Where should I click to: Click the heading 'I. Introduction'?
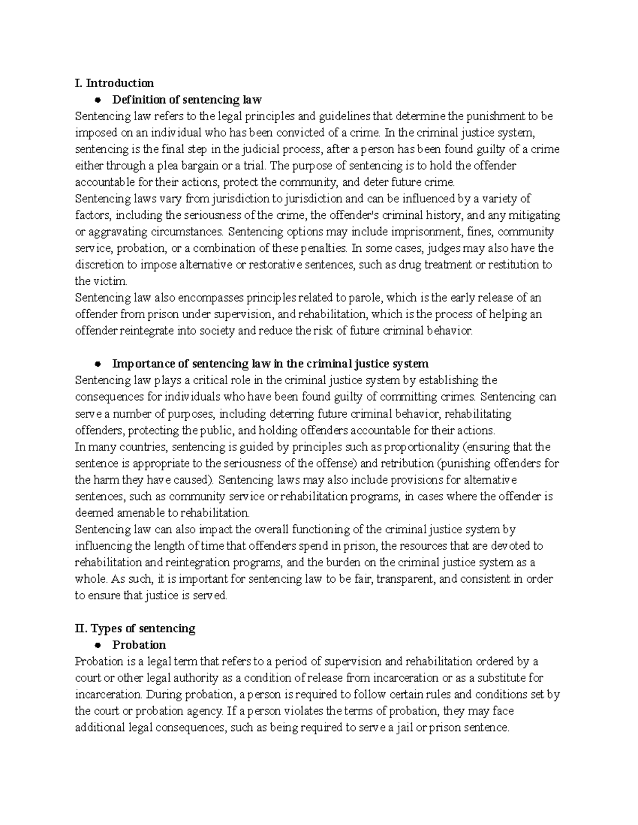tap(114, 83)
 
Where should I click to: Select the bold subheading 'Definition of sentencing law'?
tap(187, 99)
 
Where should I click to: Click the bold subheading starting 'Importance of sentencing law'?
tap(270, 364)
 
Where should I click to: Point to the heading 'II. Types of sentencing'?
tap(135, 628)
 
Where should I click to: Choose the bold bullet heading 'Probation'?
tap(139, 645)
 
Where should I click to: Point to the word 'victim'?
tap(110, 281)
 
